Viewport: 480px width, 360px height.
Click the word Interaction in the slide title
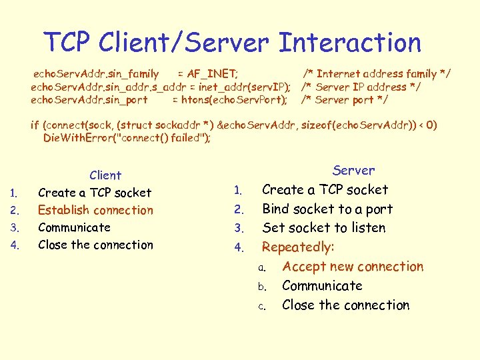click(x=350, y=43)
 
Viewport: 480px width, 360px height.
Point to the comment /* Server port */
click(x=345, y=100)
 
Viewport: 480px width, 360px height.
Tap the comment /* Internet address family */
click(x=377, y=74)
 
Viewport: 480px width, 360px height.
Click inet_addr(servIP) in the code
click(x=244, y=87)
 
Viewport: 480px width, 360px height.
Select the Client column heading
click(x=105, y=175)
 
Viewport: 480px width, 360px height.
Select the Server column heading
click(x=353, y=171)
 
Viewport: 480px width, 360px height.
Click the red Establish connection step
click(x=95, y=210)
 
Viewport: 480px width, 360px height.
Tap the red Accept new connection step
click(x=353, y=267)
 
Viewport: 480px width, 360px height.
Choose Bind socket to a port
click(x=327, y=209)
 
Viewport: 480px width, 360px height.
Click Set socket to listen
click(x=324, y=228)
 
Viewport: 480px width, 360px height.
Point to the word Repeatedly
click(x=297, y=247)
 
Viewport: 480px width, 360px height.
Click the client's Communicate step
click(x=74, y=227)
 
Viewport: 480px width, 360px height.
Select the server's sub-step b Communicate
click(x=322, y=286)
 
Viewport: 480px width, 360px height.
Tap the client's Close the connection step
click(x=95, y=245)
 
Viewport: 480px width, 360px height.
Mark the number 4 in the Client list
click(x=14, y=245)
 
